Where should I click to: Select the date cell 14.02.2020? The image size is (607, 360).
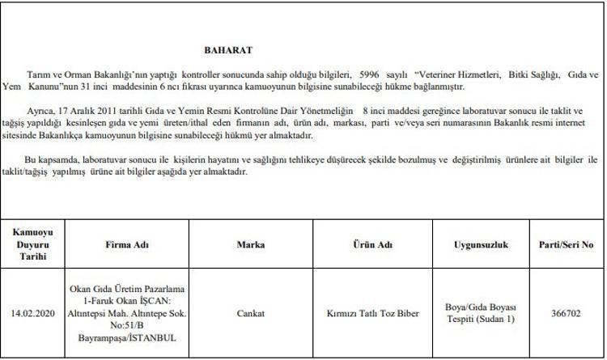pos(33,313)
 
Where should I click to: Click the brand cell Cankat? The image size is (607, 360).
pos(251,313)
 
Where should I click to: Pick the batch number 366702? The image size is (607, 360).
pos(567,313)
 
